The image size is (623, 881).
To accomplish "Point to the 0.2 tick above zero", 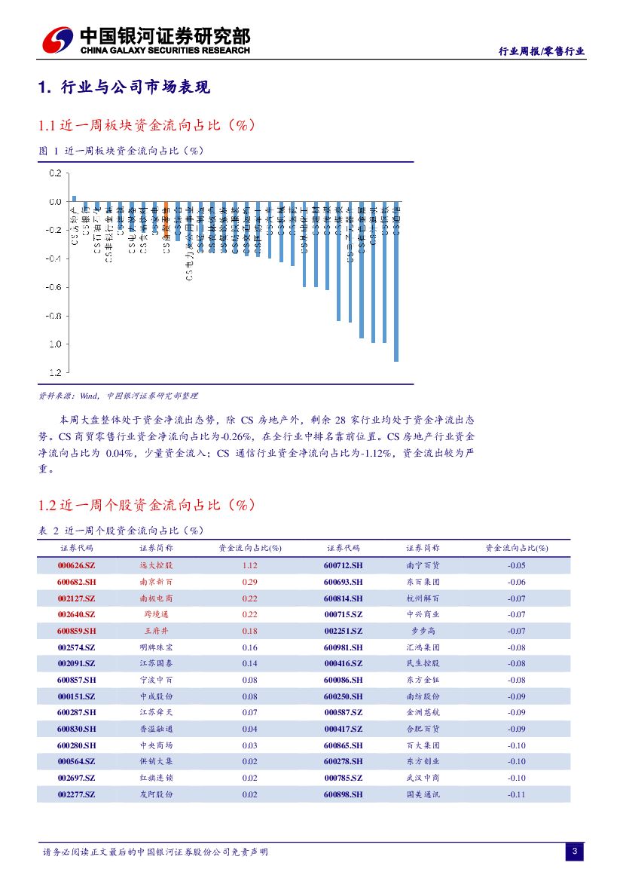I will coord(55,173).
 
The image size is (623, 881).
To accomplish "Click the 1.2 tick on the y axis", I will coord(55,372).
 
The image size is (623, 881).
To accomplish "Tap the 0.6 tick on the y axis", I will coord(55,287).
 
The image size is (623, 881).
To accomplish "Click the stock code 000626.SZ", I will coord(76,565).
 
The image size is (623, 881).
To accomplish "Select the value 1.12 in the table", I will coord(250,565).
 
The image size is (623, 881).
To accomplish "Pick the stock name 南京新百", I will coord(156,582).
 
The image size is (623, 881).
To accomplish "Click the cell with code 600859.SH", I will coord(76,631).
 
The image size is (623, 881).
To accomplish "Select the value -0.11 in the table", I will coord(516,794).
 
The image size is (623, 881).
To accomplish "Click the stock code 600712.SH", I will coord(343,565).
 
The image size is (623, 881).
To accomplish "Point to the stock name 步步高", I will coord(423,631).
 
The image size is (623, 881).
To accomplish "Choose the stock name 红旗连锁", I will coord(156,778).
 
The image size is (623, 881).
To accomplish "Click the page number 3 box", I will coord(574,852).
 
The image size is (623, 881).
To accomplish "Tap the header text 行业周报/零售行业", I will coord(542,51).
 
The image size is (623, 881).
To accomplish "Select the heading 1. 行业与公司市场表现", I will coord(124,88).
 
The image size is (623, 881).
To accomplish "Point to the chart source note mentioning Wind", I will coord(118,395).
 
